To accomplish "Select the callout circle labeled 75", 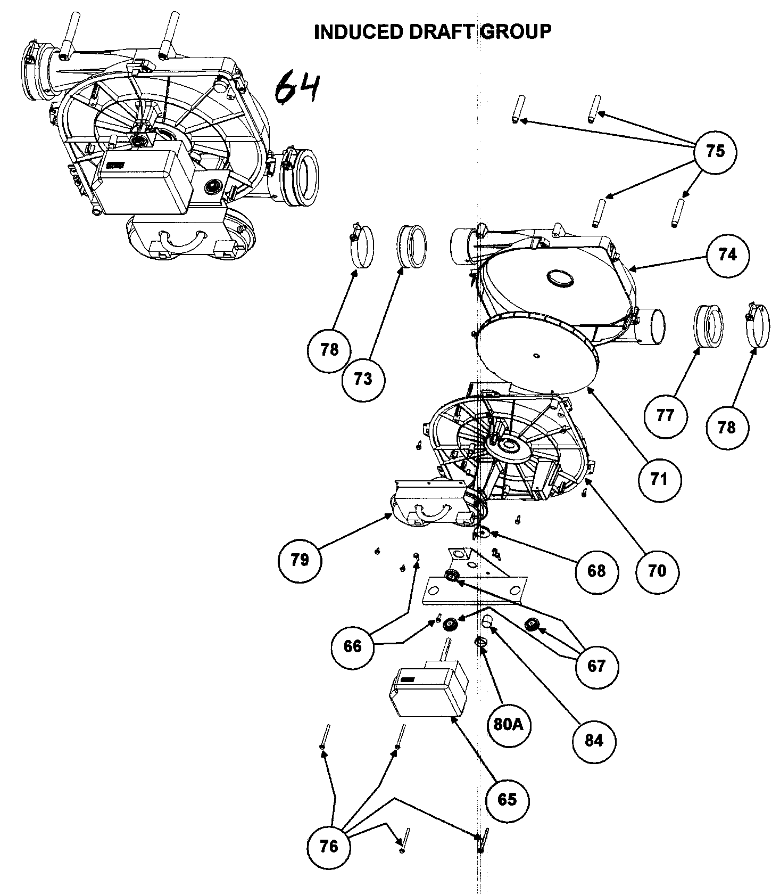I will (x=716, y=151).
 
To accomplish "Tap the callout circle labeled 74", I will (x=727, y=255).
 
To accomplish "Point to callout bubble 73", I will (x=363, y=379).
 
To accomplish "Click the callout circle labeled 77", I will (x=665, y=415).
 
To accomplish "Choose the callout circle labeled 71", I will (x=659, y=479).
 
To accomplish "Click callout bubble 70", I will (x=658, y=571).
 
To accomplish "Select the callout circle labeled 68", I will (x=596, y=571).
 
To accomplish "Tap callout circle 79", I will (x=300, y=560).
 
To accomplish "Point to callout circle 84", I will (x=594, y=740).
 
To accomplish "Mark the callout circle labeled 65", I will (x=507, y=799).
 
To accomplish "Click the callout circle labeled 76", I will (x=329, y=846).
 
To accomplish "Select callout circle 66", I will (x=352, y=646).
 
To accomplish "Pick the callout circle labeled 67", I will (x=596, y=666).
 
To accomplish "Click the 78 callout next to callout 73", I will (x=329, y=350).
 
